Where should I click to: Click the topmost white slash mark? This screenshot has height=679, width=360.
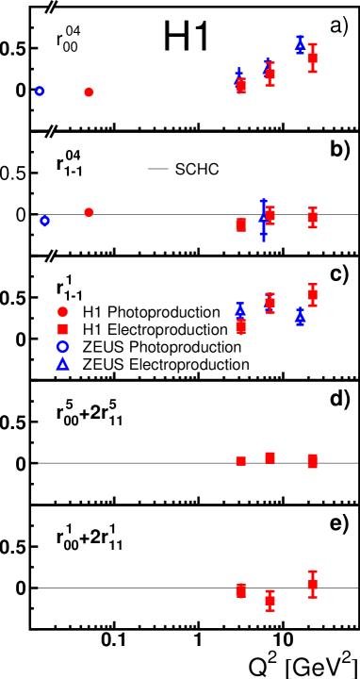(x=51, y=8)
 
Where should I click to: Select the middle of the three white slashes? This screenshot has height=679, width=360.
(x=51, y=132)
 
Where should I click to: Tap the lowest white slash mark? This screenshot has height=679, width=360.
(x=51, y=256)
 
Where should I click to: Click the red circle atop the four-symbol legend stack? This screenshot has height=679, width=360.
(x=63, y=311)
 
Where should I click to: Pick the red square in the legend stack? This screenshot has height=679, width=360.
(x=63, y=329)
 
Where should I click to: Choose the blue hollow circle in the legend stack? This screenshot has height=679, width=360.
(x=63, y=346)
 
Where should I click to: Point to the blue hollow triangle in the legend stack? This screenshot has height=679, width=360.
(x=63, y=364)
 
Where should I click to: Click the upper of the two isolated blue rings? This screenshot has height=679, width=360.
(x=40, y=91)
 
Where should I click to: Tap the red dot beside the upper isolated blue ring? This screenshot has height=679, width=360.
(x=89, y=92)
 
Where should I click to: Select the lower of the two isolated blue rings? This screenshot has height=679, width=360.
(x=44, y=222)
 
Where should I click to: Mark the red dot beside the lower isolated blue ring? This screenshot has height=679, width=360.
(x=89, y=212)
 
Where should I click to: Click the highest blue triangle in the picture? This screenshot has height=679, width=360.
(x=300, y=43)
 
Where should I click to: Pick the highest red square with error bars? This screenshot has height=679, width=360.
(x=312, y=58)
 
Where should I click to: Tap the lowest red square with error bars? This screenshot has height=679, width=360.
(x=270, y=601)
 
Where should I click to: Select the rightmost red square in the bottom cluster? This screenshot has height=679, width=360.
(x=312, y=585)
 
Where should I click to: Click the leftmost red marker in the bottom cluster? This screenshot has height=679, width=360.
(x=241, y=591)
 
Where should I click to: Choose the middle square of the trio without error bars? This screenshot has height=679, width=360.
(x=270, y=457)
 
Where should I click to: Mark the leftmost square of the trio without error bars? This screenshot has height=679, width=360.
(x=241, y=461)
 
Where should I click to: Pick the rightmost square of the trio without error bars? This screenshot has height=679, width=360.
(x=312, y=461)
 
